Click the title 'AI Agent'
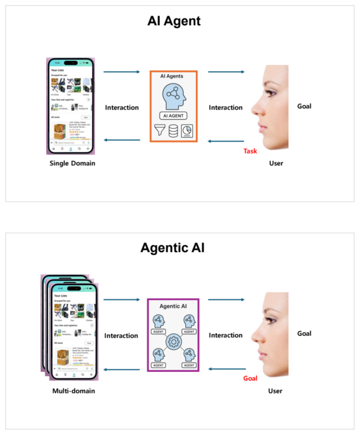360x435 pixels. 174,21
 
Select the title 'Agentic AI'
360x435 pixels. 173,248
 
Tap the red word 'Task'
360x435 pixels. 250,151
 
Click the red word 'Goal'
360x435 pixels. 250,378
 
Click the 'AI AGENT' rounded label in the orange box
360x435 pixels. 173,115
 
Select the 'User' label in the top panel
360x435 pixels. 276,163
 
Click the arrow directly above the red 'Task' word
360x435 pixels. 226,141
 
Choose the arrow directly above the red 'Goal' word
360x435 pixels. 226,369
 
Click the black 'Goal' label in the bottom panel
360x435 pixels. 304,333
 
